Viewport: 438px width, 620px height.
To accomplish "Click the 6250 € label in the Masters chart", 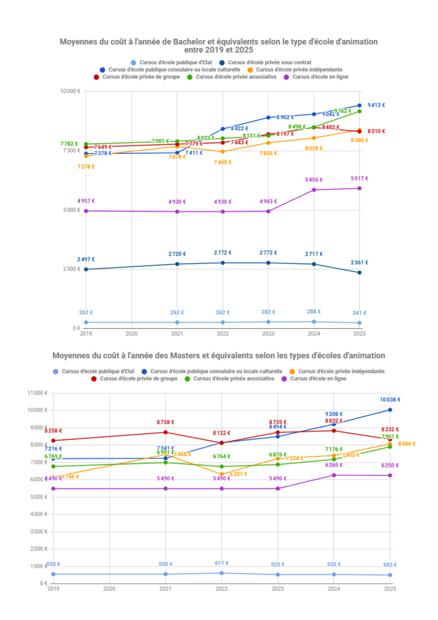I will tap(390, 466).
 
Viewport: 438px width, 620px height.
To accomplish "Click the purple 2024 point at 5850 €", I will tap(314, 190).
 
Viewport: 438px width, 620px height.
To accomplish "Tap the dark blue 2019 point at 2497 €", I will tap(86, 269).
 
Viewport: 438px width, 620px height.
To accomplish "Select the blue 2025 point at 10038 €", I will tap(390, 410).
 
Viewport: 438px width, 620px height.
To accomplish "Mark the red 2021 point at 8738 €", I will tap(165, 432).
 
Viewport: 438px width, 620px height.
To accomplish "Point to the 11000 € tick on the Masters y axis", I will tap(37, 393).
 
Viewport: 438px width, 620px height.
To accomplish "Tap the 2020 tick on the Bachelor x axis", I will tap(131, 334).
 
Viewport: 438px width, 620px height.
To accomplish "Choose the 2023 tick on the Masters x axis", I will tap(278, 589).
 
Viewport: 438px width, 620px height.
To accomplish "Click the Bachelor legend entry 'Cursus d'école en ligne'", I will tap(319, 77).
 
